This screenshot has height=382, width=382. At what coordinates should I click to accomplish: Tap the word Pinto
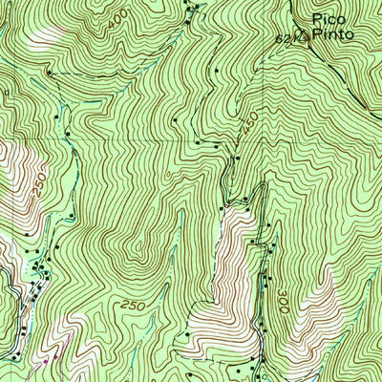coord(333,34)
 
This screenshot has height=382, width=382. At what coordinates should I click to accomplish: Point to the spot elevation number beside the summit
coord(297,40)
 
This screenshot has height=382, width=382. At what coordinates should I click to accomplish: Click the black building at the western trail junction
coord(48,73)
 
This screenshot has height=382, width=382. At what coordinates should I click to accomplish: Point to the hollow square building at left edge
coord(4,92)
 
